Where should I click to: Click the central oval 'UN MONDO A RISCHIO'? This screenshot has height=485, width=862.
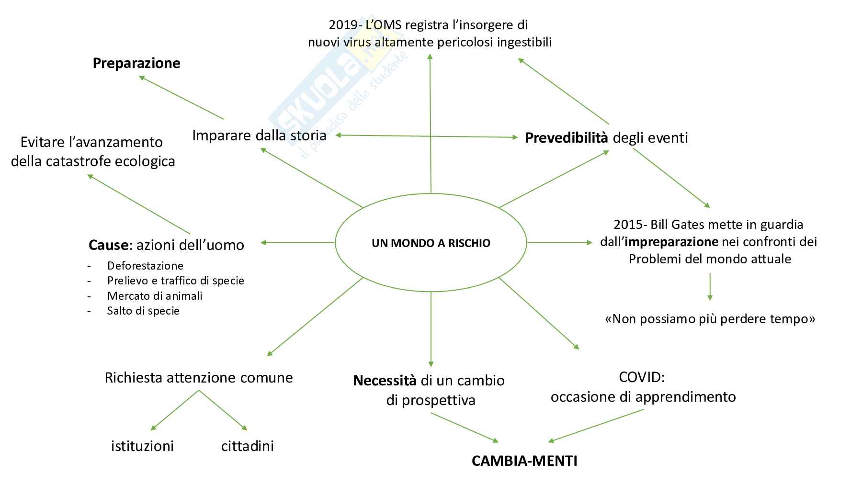pos(431,243)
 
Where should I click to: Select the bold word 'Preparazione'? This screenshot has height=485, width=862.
pos(136,63)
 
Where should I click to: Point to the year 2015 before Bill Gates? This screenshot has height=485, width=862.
pos(628,225)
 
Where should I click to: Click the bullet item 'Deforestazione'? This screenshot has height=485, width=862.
pos(145,266)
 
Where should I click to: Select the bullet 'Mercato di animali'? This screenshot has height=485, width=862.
pos(155,296)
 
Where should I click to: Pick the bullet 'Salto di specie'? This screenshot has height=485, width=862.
pos(143,311)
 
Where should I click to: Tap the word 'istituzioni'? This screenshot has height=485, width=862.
pos(142,446)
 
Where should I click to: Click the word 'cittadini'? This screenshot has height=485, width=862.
pos(247,446)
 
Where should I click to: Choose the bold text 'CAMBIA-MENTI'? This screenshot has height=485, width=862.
pos(524,461)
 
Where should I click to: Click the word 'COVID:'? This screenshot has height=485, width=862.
pos(642,377)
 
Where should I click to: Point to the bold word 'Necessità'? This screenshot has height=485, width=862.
pos(385,381)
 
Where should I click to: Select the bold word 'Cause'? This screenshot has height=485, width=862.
pos(108,245)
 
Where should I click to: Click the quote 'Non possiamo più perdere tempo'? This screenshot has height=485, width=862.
pos(710,319)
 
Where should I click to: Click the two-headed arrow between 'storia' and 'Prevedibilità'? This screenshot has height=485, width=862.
pos(427,136)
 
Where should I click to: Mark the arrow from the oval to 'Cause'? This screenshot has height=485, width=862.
pos(297,243)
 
